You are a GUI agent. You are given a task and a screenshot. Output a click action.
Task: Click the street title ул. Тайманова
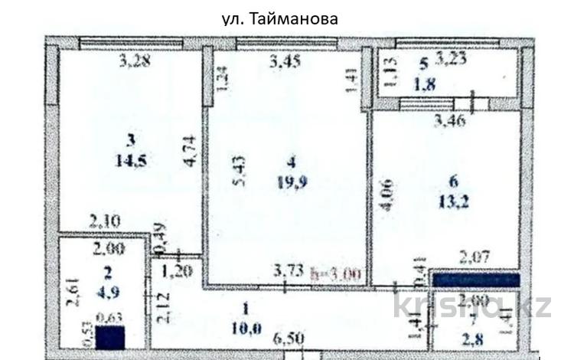click(279, 18)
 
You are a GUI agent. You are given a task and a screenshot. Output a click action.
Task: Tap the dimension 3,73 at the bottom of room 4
click(289, 269)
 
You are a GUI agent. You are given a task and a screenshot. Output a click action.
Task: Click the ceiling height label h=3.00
click(338, 272)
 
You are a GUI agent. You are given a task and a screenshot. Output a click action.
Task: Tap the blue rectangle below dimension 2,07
click(476, 280)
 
